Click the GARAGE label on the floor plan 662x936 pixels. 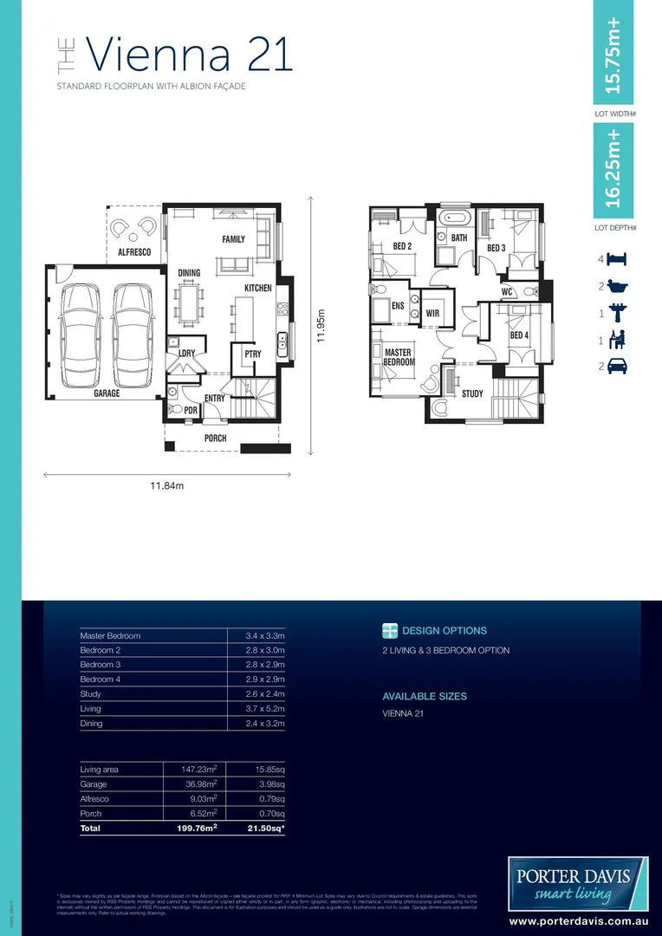pyautogui.click(x=107, y=393)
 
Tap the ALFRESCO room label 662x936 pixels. pyautogui.click(x=134, y=252)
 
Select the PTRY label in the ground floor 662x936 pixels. pyautogui.click(x=252, y=354)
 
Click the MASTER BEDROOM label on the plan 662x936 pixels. pyautogui.click(x=398, y=357)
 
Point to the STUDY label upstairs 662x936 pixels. pyautogui.click(x=472, y=393)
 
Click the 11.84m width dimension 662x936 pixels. pyautogui.click(x=166, y=486)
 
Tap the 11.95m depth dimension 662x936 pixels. pyautogui.click(x=320, y=326)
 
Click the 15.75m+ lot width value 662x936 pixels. pyautogui.click(x=613, y=54)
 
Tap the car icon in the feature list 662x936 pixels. pyautogui.click(x=618, y=367)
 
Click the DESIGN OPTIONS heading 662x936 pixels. pyautogui.click(x=445, y=631)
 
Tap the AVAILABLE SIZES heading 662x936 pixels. pyautogui.click(x=425, y=696)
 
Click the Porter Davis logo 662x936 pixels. pyautogui.click(x=578, y=881)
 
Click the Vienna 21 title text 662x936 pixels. pyautogui.click(x=190, y=55)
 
